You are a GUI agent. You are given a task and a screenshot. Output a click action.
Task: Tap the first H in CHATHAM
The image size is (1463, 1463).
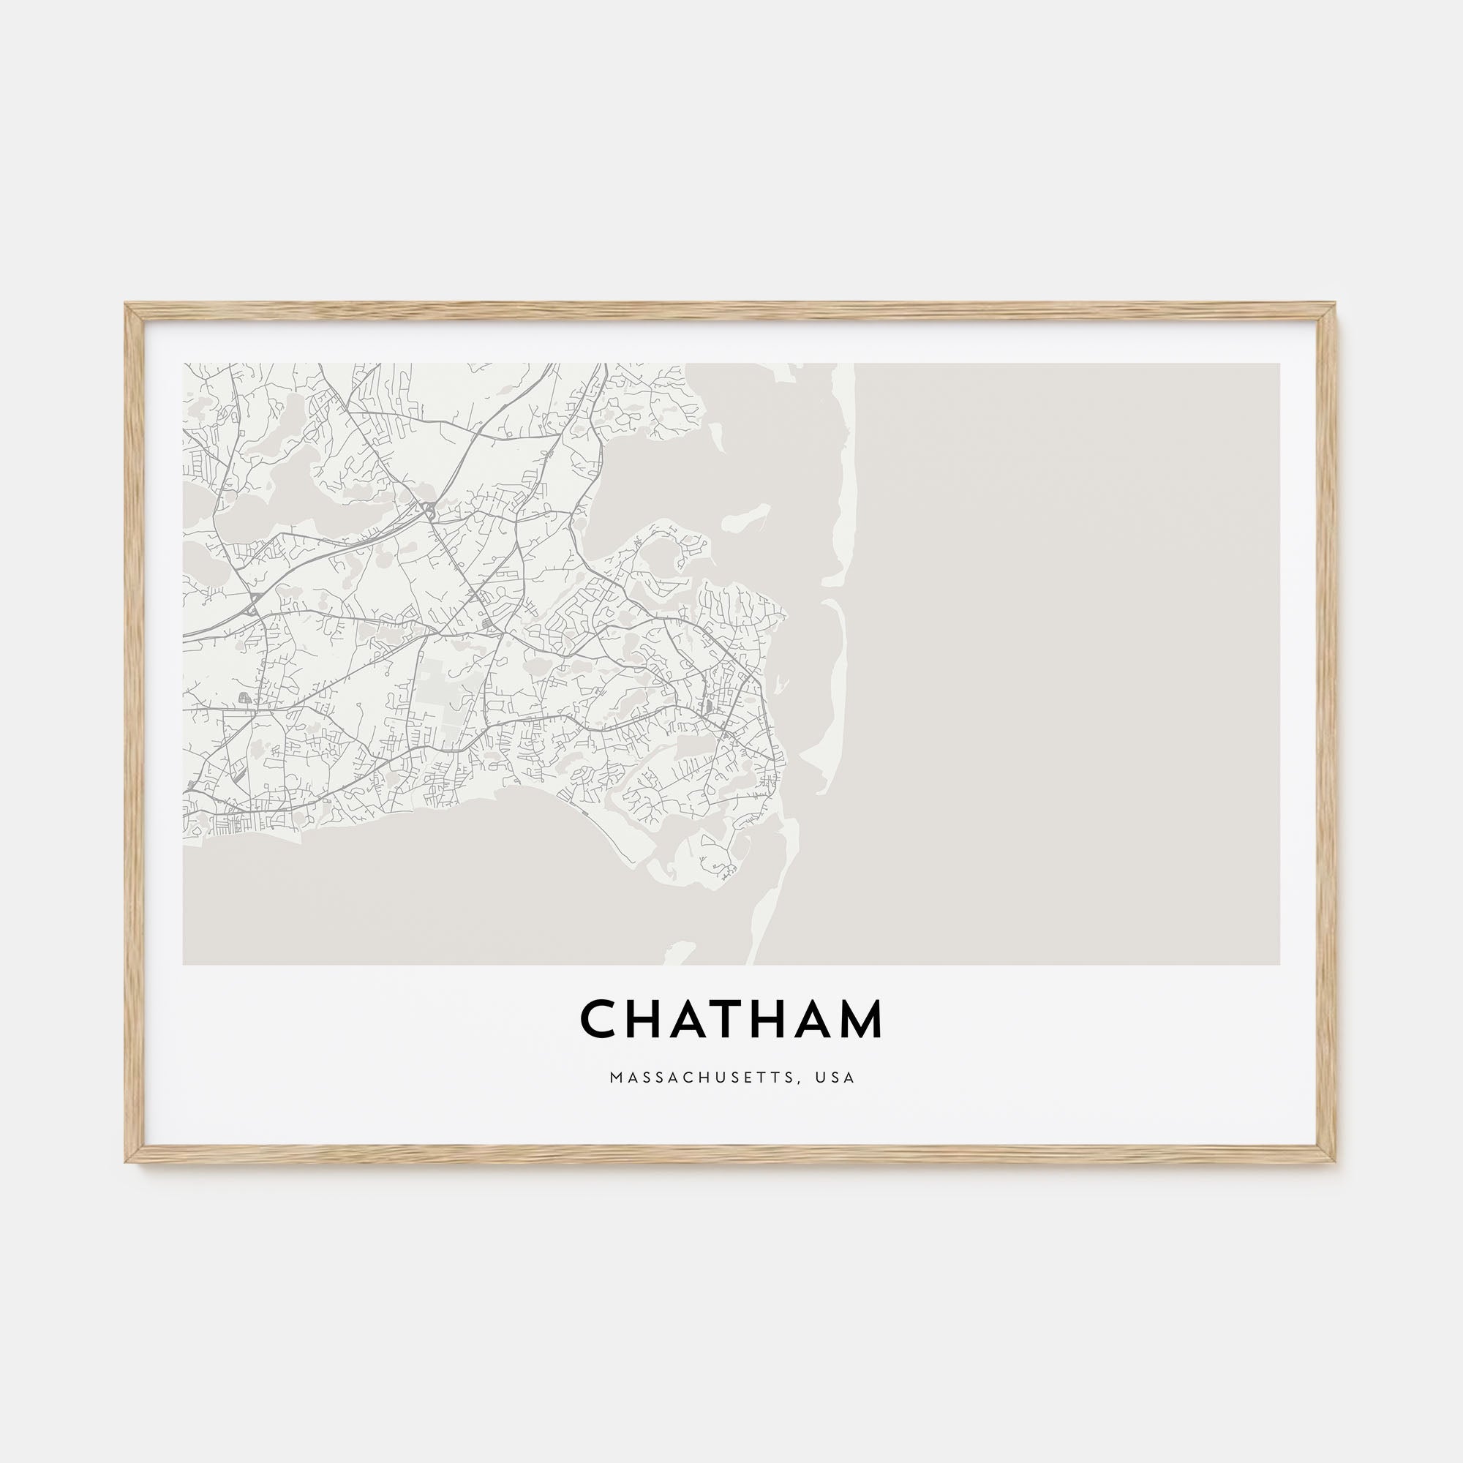(x=644, y=1019)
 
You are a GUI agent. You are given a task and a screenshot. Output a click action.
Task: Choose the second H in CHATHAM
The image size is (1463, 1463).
(x=770, y=1019)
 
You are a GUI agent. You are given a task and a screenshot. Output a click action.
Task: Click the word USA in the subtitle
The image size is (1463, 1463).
(x=835, y=1077)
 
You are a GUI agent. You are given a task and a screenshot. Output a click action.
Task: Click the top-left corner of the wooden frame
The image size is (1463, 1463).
(x=127, y=305)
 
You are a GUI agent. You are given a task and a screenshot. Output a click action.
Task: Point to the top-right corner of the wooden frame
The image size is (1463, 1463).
(x=1335, y=305)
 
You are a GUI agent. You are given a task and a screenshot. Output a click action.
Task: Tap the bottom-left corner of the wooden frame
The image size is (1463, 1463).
(x=127, y=1162)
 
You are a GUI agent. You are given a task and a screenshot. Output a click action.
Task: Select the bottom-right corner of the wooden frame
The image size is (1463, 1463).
(x=1335, y=1162)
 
